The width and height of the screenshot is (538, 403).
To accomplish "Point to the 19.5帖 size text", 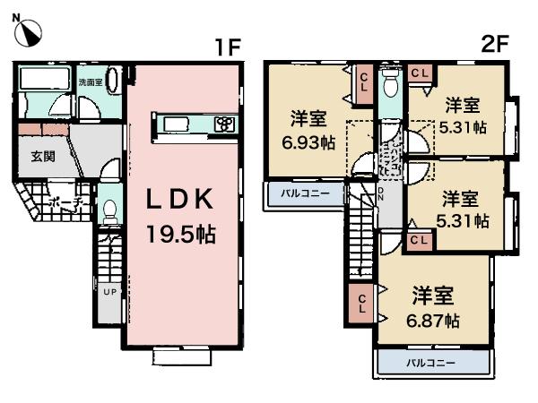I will point(183,236).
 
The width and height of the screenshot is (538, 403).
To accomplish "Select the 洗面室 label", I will point(90,82).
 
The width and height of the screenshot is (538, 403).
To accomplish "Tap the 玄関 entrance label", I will point(43,157).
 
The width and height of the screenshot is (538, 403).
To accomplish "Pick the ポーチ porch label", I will point(67,203).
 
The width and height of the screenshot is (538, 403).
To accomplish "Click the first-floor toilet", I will point(109,211).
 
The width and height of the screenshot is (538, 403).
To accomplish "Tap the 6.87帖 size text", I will point(435,320).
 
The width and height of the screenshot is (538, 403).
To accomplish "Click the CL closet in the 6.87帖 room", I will point(360,304).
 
